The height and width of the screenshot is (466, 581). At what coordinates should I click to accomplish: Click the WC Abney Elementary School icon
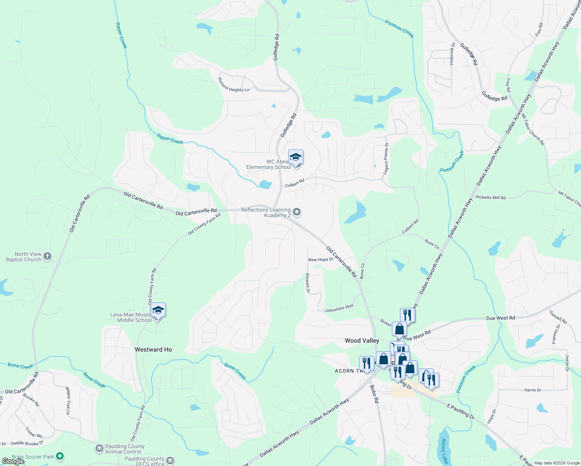(x=296, y=157)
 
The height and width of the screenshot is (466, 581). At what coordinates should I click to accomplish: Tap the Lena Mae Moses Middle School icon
(x=158, y=310)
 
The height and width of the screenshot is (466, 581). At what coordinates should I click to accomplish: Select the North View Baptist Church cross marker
(x=47, y=256)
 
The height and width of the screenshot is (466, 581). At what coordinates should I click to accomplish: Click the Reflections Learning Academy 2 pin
(x=297, y=212)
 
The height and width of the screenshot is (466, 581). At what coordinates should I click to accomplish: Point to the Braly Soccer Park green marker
(x=59, y=456)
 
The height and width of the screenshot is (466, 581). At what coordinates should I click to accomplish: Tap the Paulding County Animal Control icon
(x=99, y=449)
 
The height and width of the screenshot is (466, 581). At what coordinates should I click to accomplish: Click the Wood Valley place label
(x=362, y=341)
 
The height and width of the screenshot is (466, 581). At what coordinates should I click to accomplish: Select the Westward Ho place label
(x=153, y=349)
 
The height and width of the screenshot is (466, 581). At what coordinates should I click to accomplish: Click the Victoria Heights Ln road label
(x=233, y=85)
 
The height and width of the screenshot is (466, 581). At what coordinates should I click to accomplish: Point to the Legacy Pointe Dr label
(x=386, y=158)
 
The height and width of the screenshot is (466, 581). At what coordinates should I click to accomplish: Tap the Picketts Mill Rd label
(x=491, y=198)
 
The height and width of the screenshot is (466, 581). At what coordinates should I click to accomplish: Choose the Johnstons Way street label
(x=339, y=308)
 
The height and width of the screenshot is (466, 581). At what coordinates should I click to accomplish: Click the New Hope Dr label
(x=320, y=260)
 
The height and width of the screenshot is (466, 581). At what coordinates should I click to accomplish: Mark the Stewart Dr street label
(x=308, y=283)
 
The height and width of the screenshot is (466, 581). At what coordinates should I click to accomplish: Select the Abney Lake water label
(x=445, y=451)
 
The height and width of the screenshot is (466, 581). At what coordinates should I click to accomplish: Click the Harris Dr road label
(x=532, y=390)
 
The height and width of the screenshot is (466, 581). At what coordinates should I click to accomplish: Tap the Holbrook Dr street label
(x=452, y=54)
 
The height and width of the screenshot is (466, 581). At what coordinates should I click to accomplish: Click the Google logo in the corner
(x=13, y=461)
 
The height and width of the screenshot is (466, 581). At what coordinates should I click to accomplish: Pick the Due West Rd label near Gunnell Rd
(x=500, y=318)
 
